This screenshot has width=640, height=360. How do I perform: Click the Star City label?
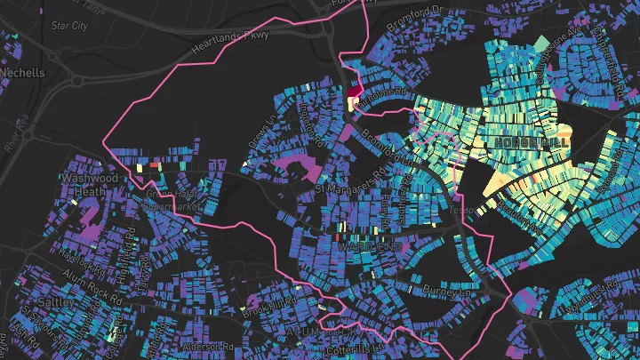point(69,26)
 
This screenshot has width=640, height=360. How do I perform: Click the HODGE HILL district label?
point(532,142)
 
